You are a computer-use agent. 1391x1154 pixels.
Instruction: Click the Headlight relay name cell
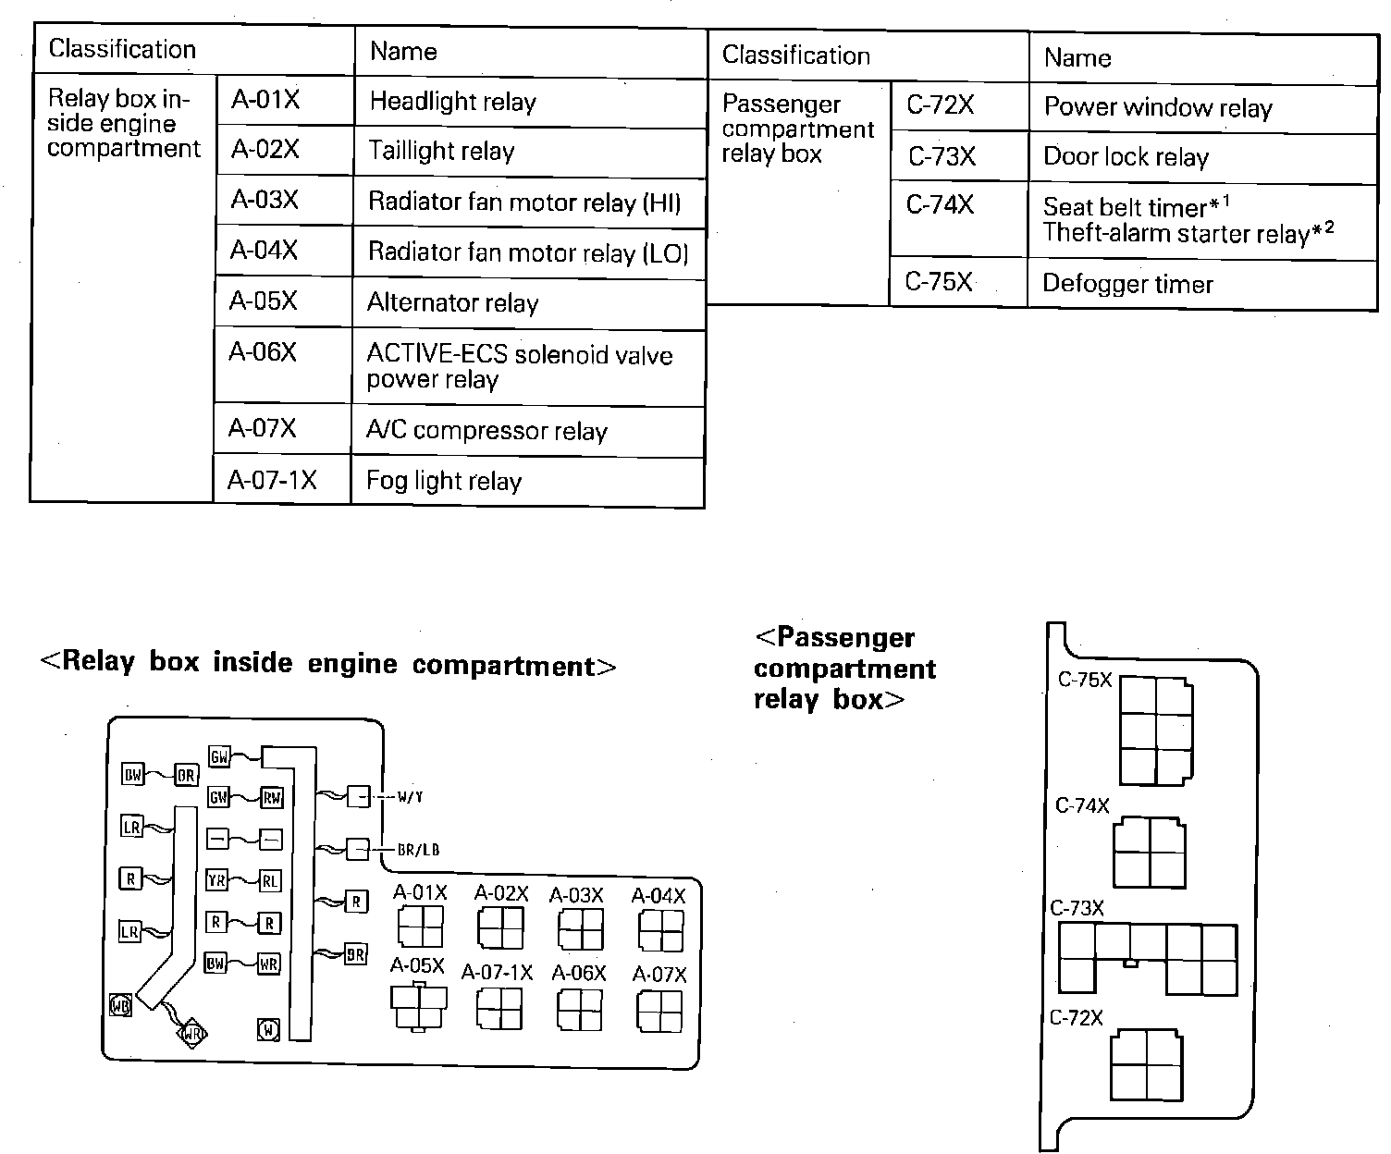click(x=528, y=103)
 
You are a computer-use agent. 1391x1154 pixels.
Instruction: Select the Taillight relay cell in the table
click(x=528, y=152)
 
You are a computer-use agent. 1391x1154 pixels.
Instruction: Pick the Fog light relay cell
click(x=527, y=481)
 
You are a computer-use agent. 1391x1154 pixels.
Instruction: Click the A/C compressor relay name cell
click(x=527, y=431)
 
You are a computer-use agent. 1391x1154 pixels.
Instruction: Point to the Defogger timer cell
click(x=1201, y=284)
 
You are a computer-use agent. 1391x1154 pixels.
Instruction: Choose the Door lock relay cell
click(x=1201, y=157)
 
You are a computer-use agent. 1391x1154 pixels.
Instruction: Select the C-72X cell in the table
click(x=958, y=106)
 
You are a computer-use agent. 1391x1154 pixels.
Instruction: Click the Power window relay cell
click(x=1201, y=108)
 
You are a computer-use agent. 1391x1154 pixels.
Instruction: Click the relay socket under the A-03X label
click(x=581, y=929)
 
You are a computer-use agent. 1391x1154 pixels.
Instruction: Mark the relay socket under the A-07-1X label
click(x=499, y=1009)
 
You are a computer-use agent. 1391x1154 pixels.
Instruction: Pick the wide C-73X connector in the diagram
click(x=1148, y=958)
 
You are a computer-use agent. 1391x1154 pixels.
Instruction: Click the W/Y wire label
click(x=410, y=796)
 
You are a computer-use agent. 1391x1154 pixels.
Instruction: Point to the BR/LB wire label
click(x=418, y=850)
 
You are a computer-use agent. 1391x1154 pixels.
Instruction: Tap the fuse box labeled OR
click(x=187, y=775)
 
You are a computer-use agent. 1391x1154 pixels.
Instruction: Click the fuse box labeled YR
click(x=215, y=881)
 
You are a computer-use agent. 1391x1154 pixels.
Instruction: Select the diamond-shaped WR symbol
click(x=192, y=1032)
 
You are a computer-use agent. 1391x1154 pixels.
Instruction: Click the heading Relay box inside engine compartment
click(x=328, y=665)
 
